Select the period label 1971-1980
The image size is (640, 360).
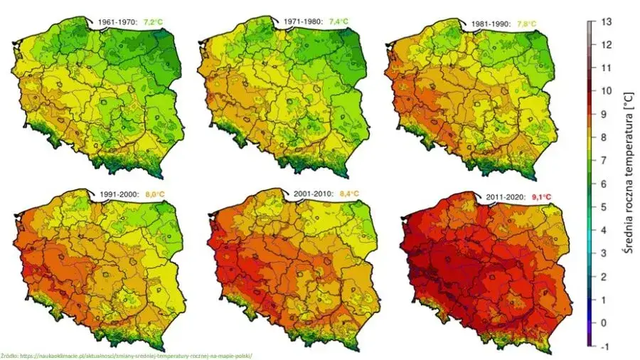pyautogui.click(x=303, y=22)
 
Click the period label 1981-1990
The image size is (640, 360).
pyautogui.click(x=491, y=22)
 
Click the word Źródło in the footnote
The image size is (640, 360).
pyautogui.click(x=9, y=355)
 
